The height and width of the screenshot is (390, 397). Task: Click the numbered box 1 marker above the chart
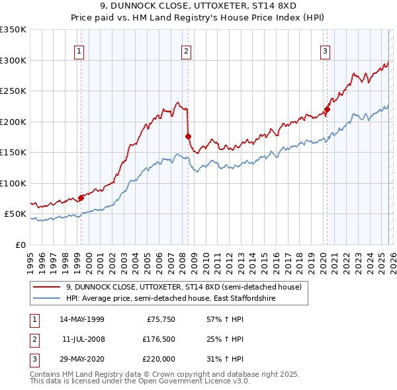pos(79,51)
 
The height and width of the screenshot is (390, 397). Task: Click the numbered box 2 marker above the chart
pos(187,51)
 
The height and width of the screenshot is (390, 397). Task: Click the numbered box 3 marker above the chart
pos(326,51)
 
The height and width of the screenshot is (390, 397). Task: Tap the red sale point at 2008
pos(188,136)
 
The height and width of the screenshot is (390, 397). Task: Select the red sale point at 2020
pos(327,109)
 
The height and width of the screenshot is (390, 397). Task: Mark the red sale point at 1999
pos(81,198)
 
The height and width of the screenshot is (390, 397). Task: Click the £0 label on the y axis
pos(19,245)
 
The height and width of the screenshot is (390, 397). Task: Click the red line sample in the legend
pos(48,287)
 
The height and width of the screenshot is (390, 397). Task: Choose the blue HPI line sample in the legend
pos(48,299)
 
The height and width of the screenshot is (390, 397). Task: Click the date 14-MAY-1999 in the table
pos(82,319)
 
